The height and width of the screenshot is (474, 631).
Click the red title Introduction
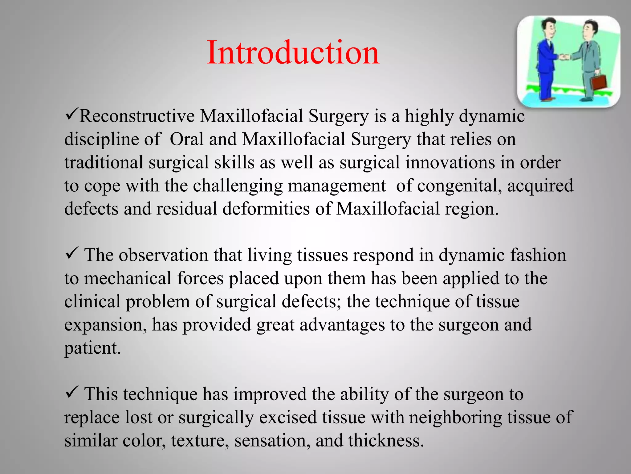293,53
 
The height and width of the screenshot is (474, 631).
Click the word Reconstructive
137,116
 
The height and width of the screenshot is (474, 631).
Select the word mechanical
128,278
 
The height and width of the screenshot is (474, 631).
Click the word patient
92,348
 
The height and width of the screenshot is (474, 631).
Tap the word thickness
386,440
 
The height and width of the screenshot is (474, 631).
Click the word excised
288,418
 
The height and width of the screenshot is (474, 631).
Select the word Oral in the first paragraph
187,139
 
